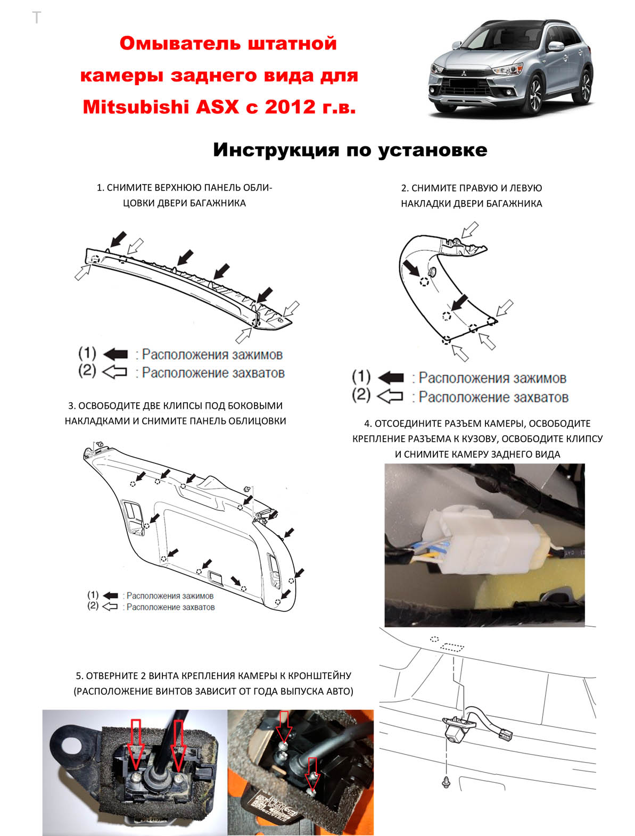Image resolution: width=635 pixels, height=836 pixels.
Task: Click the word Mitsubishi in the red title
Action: coord(136,107)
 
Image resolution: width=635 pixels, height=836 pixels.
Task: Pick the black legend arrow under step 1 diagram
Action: coord(116,354)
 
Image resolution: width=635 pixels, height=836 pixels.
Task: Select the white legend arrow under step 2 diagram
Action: coord(390,396)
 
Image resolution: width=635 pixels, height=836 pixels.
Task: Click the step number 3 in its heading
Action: coord(71,405)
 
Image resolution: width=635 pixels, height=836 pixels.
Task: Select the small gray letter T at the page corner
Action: coord(36,18)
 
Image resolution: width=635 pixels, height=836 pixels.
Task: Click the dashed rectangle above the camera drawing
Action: coord(452,647)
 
